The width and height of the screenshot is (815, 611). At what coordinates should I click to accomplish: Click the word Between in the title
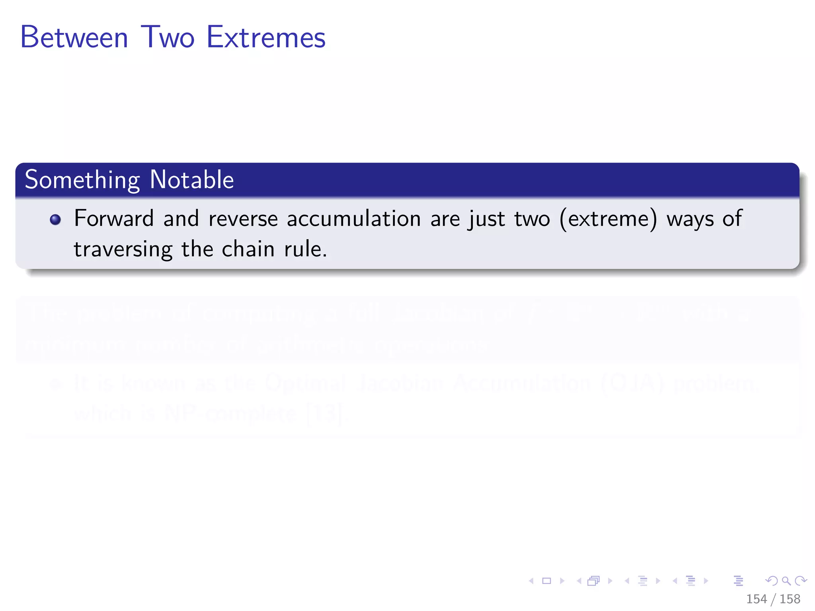point(74,37)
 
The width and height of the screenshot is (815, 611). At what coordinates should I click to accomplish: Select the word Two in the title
point(168,37)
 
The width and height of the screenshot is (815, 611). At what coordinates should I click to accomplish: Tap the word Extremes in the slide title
point(266,37)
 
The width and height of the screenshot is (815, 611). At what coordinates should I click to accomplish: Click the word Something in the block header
point(82,180)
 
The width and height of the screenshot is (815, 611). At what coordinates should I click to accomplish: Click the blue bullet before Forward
point(55,220)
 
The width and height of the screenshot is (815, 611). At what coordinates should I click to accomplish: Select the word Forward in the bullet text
point(114,218)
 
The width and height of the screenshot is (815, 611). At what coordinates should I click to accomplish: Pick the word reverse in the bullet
point(243,219)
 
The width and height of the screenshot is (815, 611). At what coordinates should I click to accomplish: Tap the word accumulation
point(354,219)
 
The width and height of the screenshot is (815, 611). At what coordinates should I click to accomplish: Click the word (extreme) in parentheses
point(608,219)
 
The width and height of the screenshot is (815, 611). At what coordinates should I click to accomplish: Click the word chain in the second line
point(248,249)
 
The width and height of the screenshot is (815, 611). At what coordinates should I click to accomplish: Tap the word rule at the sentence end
point(304,249)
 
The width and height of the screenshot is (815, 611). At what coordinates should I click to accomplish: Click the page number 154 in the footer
point(756,599)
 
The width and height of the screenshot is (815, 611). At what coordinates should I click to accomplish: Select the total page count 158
point(790,599)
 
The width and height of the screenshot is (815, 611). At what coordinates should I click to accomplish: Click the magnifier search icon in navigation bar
point(786,581)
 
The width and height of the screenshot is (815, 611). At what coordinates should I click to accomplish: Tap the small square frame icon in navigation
point(547,581)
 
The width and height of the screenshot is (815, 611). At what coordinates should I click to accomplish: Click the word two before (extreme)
point(532,219)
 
